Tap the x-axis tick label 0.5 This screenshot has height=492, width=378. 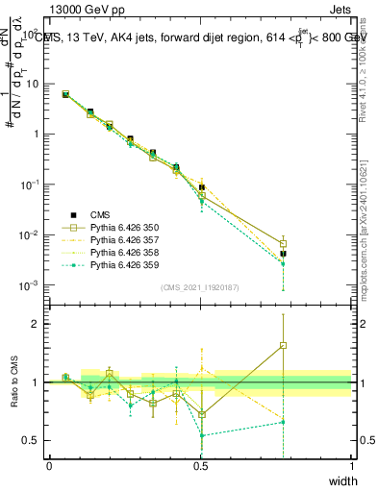pos(200,467)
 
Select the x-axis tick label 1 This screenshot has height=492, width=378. pos(351,467)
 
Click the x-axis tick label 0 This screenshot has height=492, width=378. pos(49,467)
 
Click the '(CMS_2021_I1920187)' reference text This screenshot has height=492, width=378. pos(200,287)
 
